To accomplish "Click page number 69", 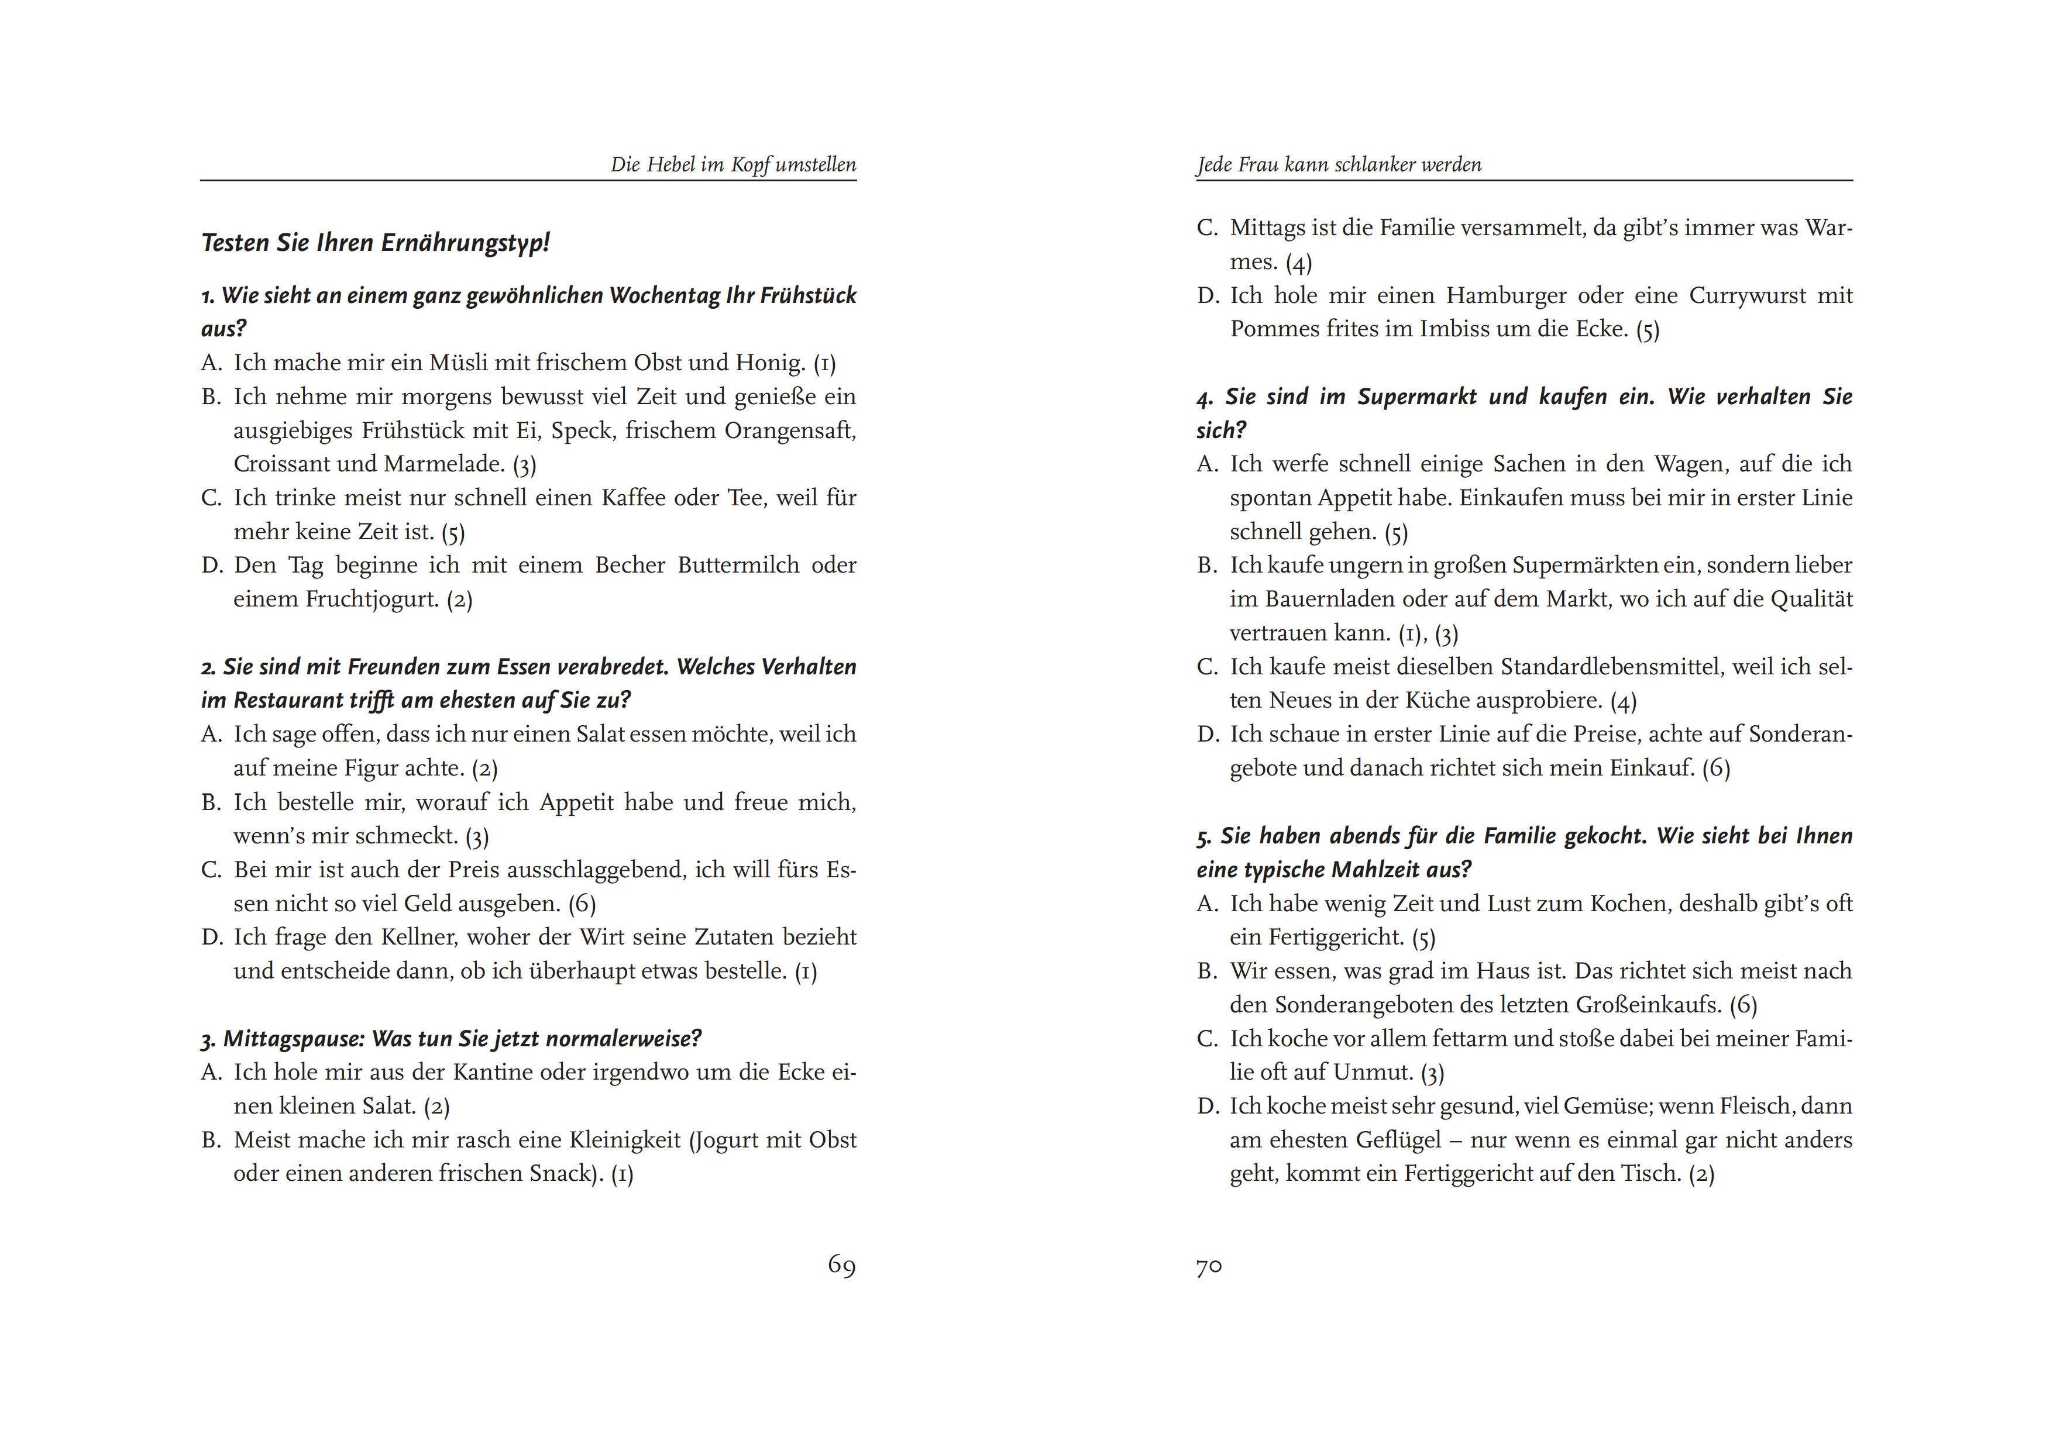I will (841, 1265).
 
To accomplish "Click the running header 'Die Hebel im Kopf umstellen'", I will (733, 164).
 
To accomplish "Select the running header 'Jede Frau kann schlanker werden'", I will (1339, 164).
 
